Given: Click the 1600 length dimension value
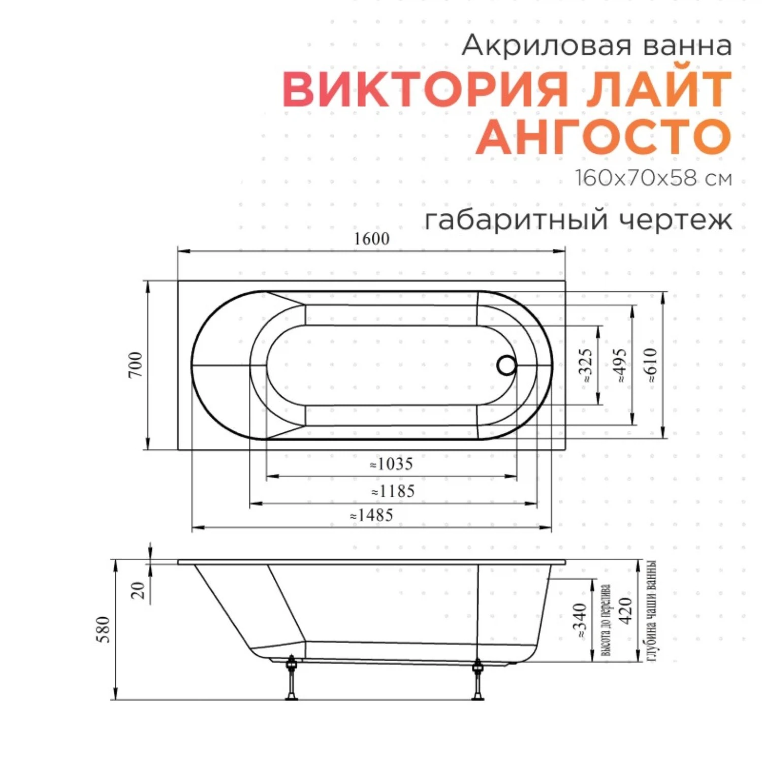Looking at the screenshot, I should [371, 239].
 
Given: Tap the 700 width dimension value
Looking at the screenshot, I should [136, 364].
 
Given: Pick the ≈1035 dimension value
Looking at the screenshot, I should [391, 464].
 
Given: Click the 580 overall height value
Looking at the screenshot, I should [104, 629].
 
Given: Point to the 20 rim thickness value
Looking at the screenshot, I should [138, 590].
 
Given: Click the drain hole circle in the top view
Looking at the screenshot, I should [506, 365].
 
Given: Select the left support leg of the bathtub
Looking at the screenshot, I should [292, 678].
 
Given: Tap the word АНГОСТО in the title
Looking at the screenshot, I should [604, 137].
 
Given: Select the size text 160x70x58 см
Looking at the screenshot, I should [653, 178].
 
